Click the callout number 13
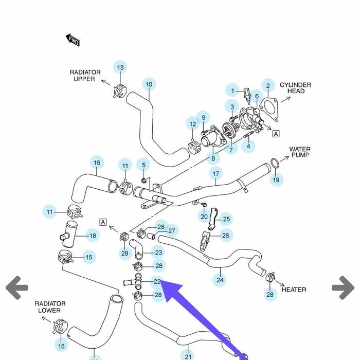[120, 67]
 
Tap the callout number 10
[149, 85]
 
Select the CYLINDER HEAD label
[295, 88]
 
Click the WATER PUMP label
[300, 152]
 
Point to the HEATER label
[294, 290]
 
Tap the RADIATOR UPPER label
[85, 76]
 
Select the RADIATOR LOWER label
[50, 307]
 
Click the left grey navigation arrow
[17, 287]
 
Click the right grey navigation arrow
[343, 287]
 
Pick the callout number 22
[157, 282]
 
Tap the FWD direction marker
[73, 40]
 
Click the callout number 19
[276, 179]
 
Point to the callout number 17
[215, 174]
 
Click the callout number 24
[220, 280]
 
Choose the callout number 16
[97, 163]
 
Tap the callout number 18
[93, 236]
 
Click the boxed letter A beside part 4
[276, 134]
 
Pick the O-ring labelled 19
[275, 164]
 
